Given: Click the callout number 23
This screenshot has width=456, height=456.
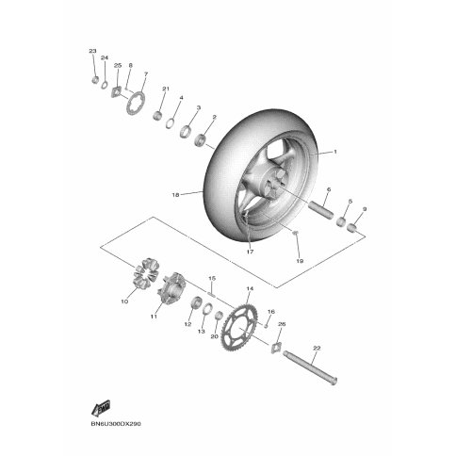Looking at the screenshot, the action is (92, 51).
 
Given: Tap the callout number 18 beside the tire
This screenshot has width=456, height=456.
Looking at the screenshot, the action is (175, 195).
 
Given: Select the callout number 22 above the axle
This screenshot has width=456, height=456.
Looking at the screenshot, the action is (317, 348).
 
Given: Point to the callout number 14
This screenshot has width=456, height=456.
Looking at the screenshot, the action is (250, 288).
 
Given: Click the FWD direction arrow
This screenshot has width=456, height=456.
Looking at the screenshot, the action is (101, 408).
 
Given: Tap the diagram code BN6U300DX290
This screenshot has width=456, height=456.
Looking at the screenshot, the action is (116, 424).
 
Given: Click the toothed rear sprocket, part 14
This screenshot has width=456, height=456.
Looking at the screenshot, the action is (240, 327).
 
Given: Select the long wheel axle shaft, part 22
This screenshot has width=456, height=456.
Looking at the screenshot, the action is (310, 367).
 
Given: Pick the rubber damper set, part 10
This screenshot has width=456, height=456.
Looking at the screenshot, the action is (146, 273).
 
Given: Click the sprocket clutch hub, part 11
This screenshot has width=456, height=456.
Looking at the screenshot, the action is (171, 287).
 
